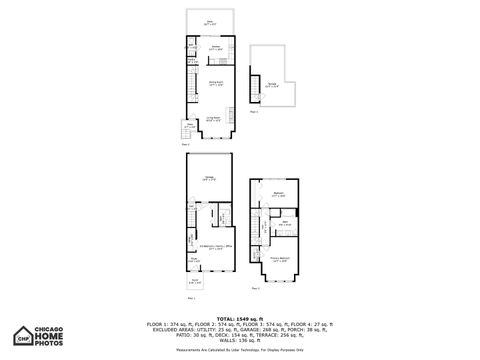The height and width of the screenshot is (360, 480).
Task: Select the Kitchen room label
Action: tap(214, 47)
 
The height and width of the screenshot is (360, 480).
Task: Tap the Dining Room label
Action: tap(214, 83)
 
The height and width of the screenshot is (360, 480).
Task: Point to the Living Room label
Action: tap(214, 118)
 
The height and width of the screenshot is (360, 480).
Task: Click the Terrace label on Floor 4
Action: tap(271, 85)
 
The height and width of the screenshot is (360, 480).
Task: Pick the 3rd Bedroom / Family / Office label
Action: tap(211, 245)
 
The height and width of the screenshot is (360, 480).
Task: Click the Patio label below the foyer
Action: tap(194, 281)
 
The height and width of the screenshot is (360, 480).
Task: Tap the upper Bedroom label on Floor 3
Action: tap(280, 195)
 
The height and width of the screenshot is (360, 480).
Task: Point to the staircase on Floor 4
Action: tap(255, 90)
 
